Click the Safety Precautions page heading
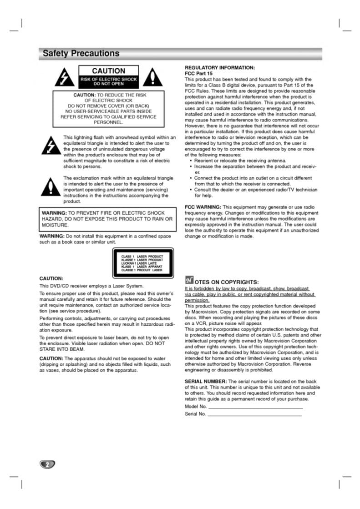[x=81, y=54]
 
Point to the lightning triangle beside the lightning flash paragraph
[x=48, y=145]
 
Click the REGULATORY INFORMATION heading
[x=219, y=67]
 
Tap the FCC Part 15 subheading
[x=198, y=73]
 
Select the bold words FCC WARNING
[x=203, y=207]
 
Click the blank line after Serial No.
[x=254, y=414]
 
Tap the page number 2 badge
[x=47, y=464]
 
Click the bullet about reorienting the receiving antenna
[x=240, y=161]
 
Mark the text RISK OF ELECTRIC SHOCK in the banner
[x=108, y=80]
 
